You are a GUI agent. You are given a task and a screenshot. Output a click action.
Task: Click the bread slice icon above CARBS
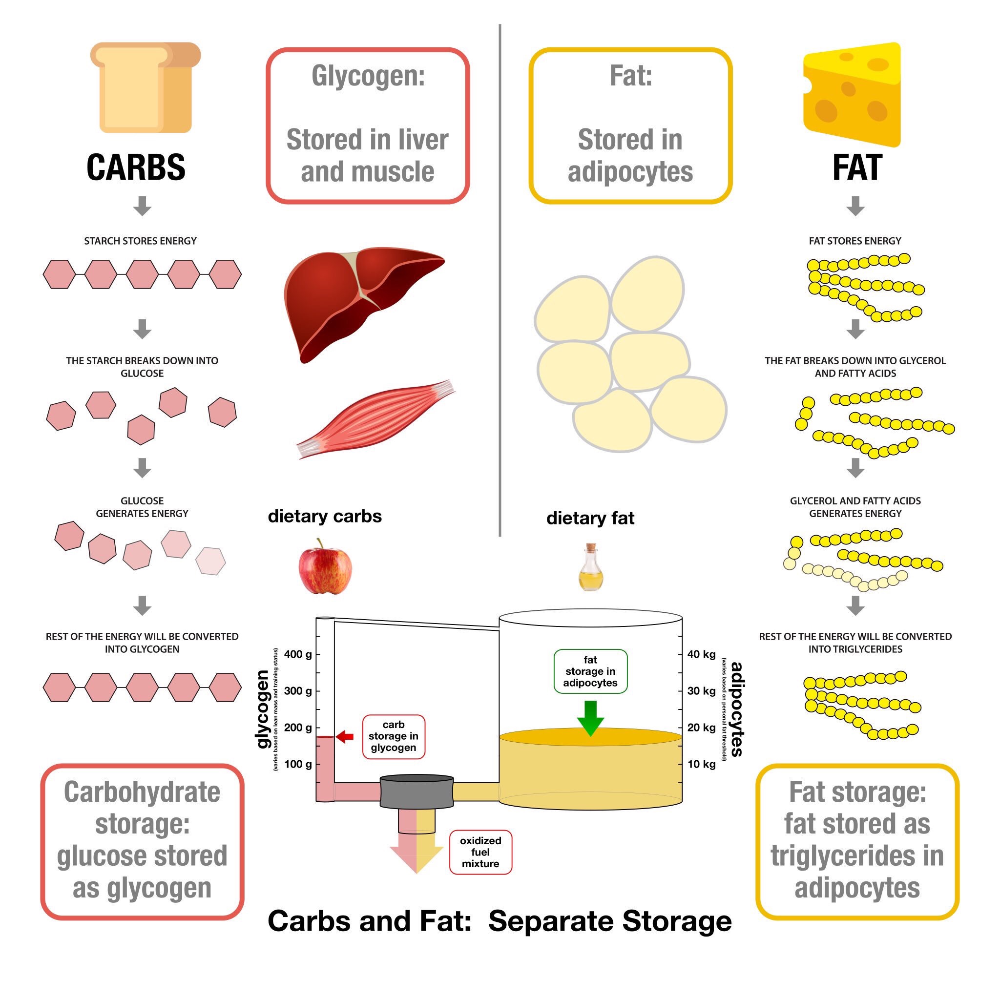pyautogui.click(x=146, y=87)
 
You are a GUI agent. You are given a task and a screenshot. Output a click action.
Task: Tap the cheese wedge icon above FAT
pyautogui.click(x=852, y=94)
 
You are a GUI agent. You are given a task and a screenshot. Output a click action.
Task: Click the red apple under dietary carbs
pyautogui.click(x=325, y=566)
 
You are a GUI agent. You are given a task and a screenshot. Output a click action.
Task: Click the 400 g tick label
pyautogui.click(x=298, y=654)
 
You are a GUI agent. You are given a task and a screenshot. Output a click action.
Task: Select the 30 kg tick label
pyautogui.click(x=701, y=691)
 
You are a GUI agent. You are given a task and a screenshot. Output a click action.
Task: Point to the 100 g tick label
pyautogui.click(x=298, y=764)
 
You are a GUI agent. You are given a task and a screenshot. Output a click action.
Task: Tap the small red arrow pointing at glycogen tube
pyautogui.click(x=345, y=736)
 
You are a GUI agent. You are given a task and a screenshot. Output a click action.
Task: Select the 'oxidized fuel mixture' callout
pyautogui.click(x=480, y=853)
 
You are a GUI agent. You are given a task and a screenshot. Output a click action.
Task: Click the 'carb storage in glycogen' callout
pyautogui.click(x=394, y=736)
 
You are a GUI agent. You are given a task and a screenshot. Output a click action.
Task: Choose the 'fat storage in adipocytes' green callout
pyautogui.click(x=591, y=671)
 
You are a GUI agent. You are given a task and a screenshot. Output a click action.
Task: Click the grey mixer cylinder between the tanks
pyautogui.click(x=417, y=792)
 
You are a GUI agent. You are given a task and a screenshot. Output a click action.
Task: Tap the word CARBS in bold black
pyautogui.click(x=136, y=167)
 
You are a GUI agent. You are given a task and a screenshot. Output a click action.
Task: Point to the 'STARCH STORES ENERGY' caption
pyautogui.click(x=140, y=241)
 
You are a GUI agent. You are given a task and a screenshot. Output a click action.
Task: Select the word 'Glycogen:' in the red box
pyautogui.click(x=368, y=76)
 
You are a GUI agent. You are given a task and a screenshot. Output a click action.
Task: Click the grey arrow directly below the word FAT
pyautogui.click(x=855, y=206)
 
